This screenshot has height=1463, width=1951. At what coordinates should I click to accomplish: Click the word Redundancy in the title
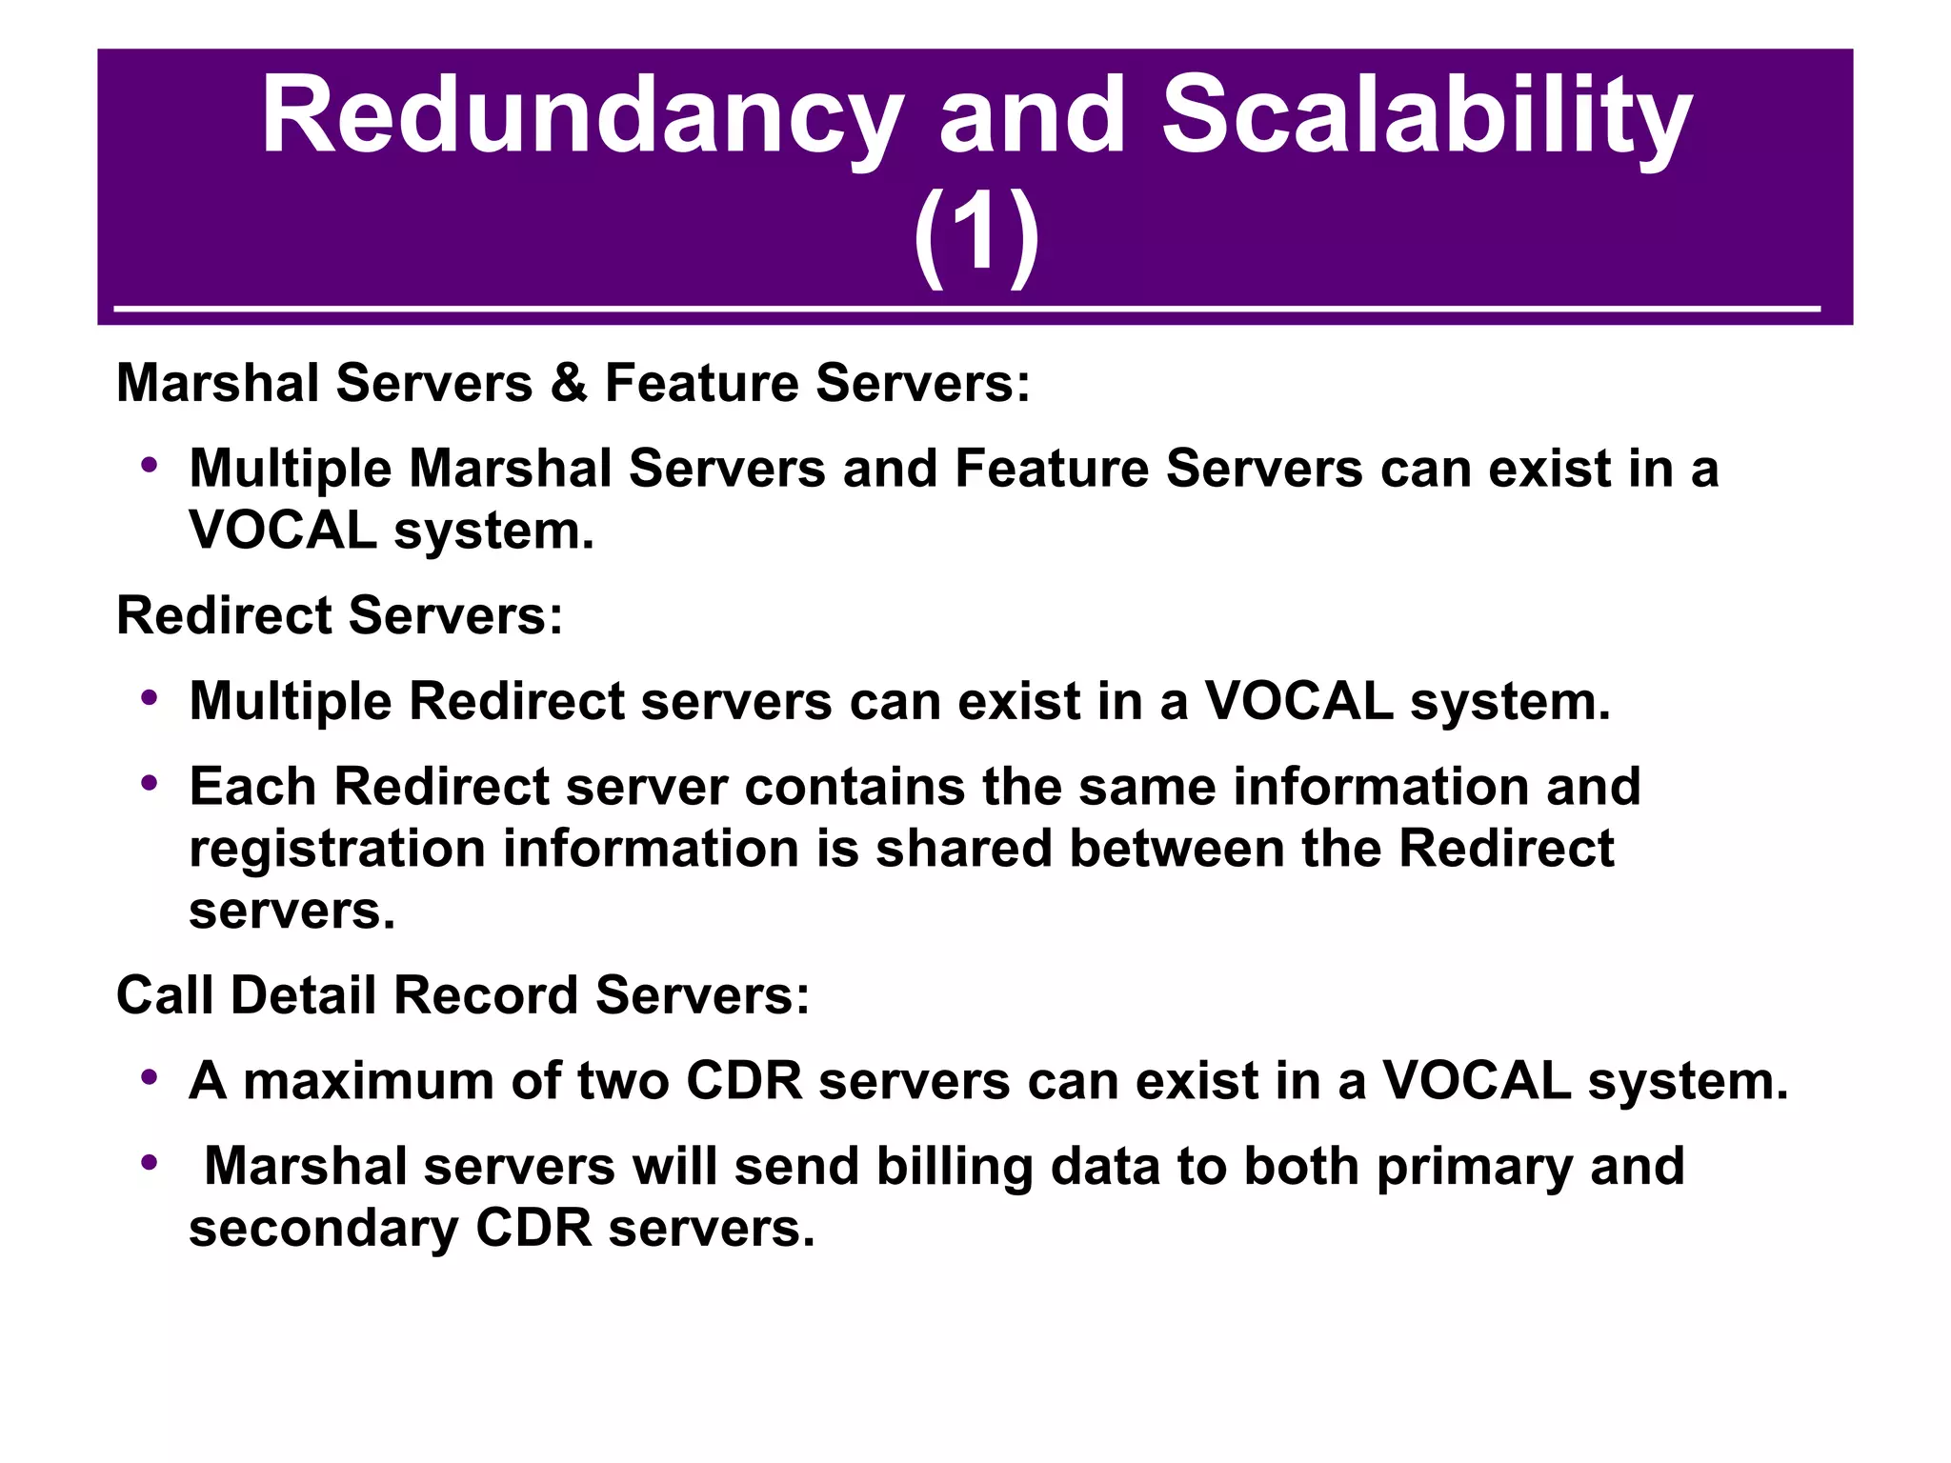(x=581, y=119)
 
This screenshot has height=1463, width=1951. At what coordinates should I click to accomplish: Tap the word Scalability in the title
(x=1426, y=119)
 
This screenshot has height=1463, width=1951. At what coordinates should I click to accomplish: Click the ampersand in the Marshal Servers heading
(x=569, y=383)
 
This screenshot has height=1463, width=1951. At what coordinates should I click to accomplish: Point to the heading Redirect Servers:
(x=340, y=615)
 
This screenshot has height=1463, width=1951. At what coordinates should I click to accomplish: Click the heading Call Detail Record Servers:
(x=463, y=995)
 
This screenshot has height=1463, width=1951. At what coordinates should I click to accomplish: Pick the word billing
(x=954, y=1168)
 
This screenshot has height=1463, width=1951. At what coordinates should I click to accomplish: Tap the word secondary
(x=323, y=1229)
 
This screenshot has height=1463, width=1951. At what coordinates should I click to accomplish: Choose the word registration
(x=337, y=850)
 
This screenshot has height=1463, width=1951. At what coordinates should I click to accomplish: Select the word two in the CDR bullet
(x=622, y=1082)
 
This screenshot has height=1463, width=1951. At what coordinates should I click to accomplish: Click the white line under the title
(x=966, y=309)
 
